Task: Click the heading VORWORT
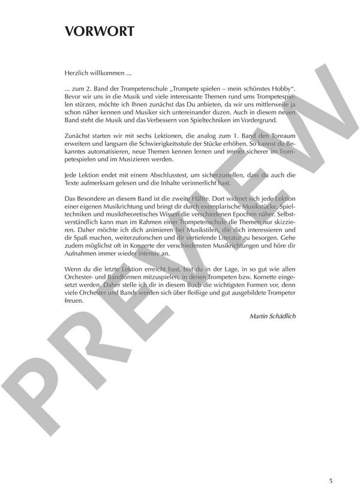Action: (100, 32)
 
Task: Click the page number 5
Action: (331, 480)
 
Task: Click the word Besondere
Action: (92, 198)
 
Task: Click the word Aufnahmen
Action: (82, 252)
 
